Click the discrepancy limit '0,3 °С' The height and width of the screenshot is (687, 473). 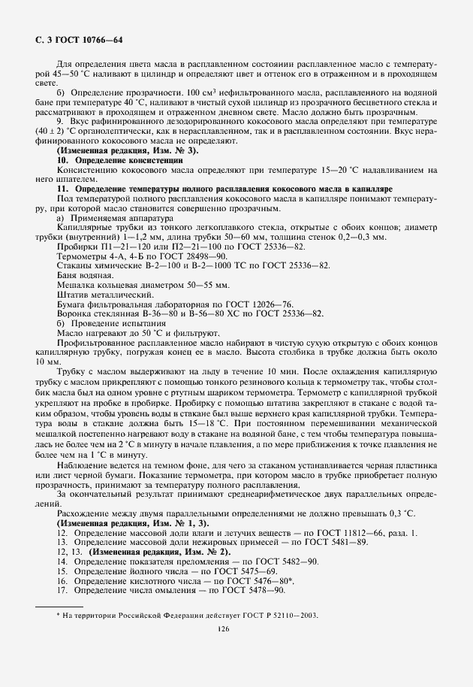pos(411,513)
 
